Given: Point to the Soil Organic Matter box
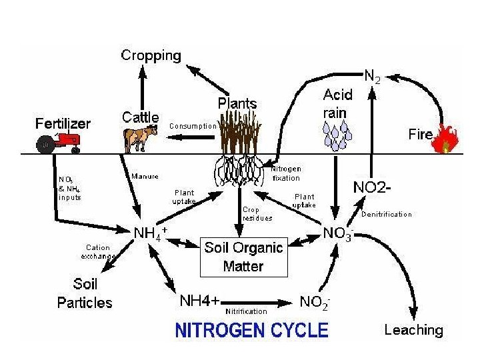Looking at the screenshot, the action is pyautogui.click(x=243, y=257).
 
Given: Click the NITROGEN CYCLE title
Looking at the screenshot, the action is pyautogui.click(x=251, y=330).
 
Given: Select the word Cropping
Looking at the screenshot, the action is pyautogui.click(x=151, y=55).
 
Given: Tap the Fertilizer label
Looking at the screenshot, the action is pyautogui.click(x=63, y=123).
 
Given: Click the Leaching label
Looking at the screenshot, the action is pyautogui.click(x=413, y=329).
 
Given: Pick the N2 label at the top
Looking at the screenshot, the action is pyautogui.click(x=372, y=77).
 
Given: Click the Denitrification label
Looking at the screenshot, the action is pyautogui.click(x=387, y=215).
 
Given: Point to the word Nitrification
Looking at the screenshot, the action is pyautogui.click(x=247, y=311).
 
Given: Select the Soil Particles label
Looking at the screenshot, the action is pyautogui.click(x=85, y=294).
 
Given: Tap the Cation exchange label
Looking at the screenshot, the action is pyautogui.click(x=99, y=251).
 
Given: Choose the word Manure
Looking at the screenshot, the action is pyautogui.click(x=145, y=177).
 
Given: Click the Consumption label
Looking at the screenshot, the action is pyautogui.click(x=193, y=125).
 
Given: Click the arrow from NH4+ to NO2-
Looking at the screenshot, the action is pyautogui.click(x=260, y=301).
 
